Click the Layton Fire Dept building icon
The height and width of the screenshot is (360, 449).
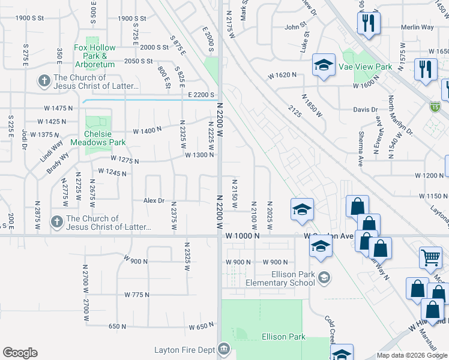(x=224, y=349)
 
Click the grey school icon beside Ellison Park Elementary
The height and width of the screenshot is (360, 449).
(x=324, y=277)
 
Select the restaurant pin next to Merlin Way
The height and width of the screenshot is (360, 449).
(x=367, y=23)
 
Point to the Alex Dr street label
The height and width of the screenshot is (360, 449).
(x=153, y=200)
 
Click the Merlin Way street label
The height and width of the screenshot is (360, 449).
(x=418, y=27)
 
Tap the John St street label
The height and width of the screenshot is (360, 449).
(x=295, y=27)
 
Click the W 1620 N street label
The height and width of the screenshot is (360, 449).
(x=283, y=75)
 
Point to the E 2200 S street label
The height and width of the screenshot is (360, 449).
(x=200, y=95)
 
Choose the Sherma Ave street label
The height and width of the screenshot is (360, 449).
(x=361, y=142)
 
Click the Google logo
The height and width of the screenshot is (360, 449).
(x=20, y=353)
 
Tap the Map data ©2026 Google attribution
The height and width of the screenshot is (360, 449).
(x=412, y=355)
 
